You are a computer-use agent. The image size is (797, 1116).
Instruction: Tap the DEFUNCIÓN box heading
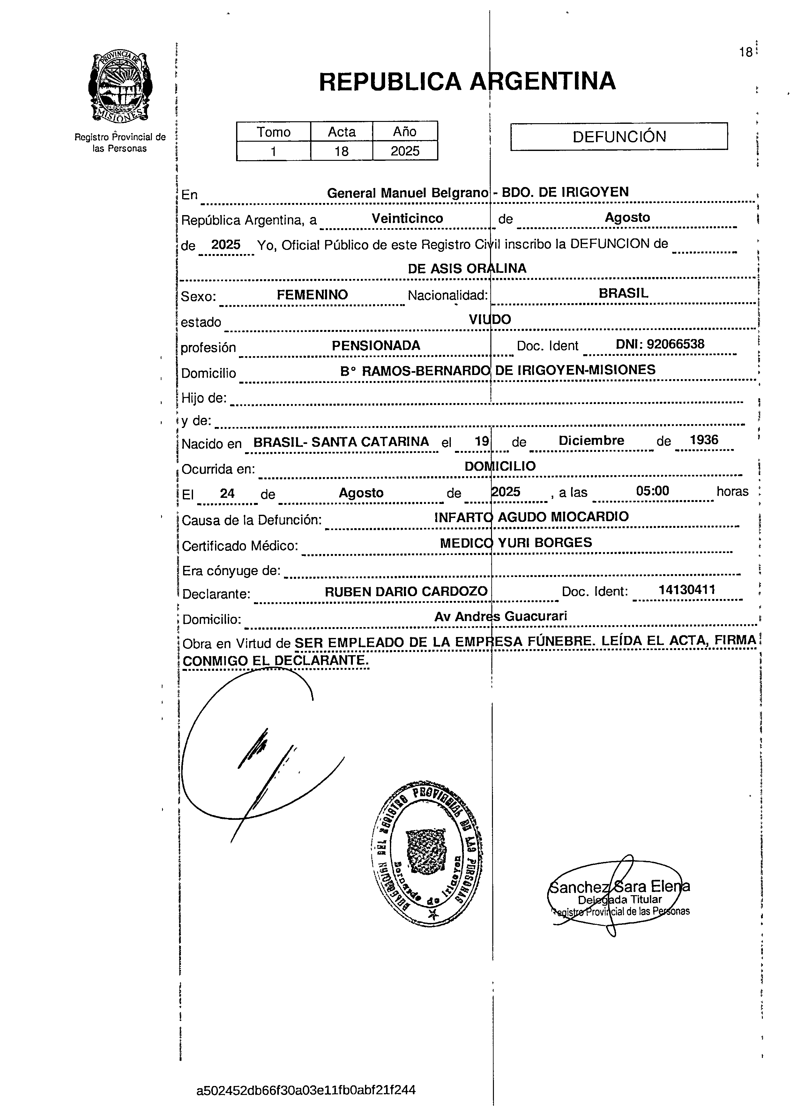[x=619, y=137]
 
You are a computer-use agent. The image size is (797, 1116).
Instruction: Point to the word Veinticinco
[x=407, y=218]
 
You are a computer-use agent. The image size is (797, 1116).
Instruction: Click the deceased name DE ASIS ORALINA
[x=467, y=268]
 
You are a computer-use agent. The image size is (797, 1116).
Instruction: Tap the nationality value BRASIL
[x=623, y=293]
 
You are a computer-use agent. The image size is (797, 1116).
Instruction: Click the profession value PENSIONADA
[x=376, y=346]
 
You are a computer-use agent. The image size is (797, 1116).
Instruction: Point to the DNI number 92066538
[x=675, y=344]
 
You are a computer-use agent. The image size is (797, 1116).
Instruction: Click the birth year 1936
[x=704, y=440]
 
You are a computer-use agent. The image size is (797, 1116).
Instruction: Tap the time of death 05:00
[x=652, y=491]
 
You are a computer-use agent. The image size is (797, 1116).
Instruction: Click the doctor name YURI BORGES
[x=545, y=542]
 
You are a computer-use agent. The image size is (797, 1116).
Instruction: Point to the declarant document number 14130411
[x=687, y=589]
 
